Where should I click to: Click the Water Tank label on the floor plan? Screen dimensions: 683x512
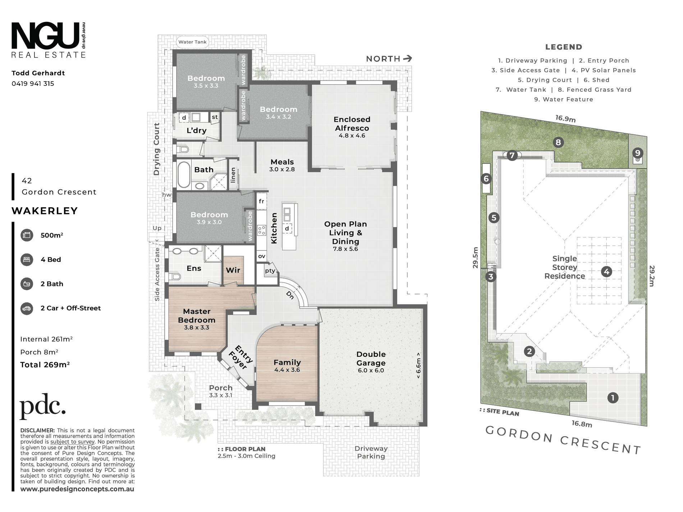(x=193, y=42)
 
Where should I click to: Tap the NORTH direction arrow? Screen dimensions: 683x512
(x=408, y=59)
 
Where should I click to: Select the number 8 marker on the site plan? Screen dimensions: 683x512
(x=558, y=142)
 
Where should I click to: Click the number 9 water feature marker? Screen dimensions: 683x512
(x=637, y=153)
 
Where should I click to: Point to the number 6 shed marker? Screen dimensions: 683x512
(x=486, y=179)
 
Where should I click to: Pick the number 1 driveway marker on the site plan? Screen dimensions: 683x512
(x=613, y=398)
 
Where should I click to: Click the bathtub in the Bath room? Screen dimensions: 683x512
(x=184, y=175)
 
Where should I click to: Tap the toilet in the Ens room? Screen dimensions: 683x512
(x=175, y=277)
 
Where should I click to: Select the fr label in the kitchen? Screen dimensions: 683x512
(x=261, y=201)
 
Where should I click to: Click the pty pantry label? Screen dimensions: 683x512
(x=270, y=271)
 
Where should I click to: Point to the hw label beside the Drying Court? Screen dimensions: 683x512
(x=167, y=195)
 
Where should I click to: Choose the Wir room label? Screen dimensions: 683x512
(x=233, y=270)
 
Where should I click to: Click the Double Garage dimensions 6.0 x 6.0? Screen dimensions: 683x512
(x=371, y=370)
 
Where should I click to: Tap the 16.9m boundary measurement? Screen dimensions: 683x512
(x=565, y=119)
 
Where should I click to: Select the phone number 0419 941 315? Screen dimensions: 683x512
(x=33, y=84)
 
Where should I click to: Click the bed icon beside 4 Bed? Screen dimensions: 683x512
(x=27, y=259)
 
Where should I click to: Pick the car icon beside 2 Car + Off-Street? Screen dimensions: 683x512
(x=27, y=308)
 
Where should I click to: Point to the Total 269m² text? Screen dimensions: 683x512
(x=45, y=365)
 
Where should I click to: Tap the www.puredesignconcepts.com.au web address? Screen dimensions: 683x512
(x=77, y=489)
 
